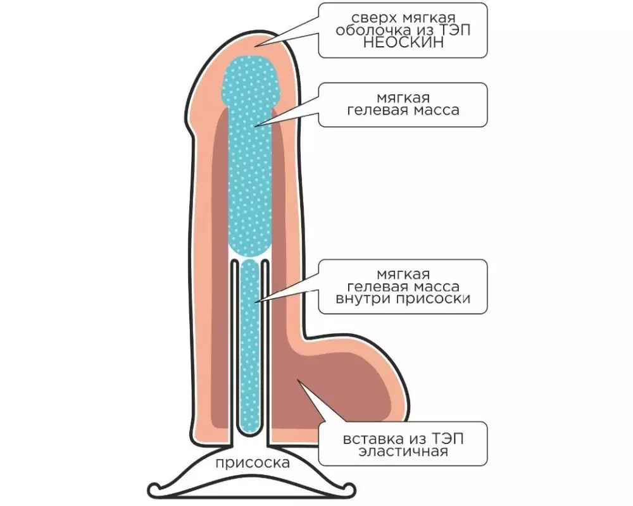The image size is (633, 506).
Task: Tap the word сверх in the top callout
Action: coord(370,18)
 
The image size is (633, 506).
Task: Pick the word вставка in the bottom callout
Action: coord(368,438)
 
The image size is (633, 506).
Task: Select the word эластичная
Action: coord(403,451)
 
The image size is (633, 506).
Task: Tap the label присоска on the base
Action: coord(253,463)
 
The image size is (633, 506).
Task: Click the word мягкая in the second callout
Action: coord(403,98)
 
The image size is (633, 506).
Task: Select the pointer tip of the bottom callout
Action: coord(298,379)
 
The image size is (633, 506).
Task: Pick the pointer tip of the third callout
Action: coord(255,302)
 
